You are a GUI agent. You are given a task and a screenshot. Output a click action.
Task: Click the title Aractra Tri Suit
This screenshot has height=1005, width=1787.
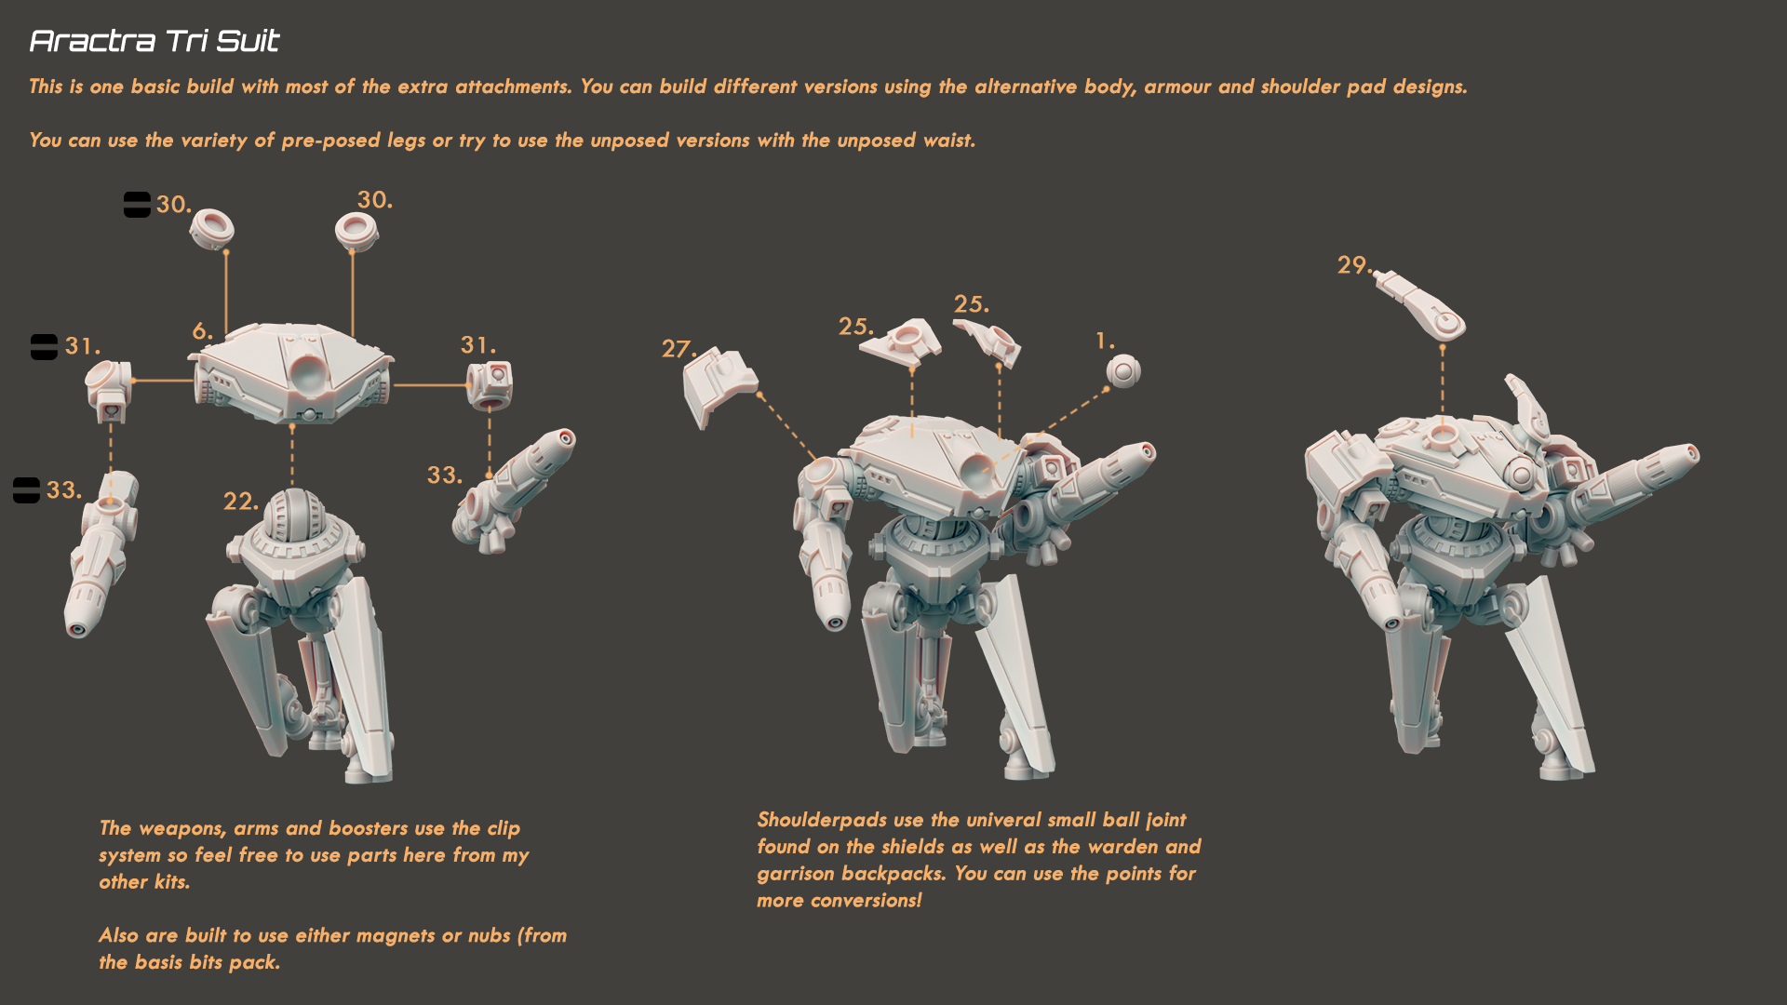coord(154,41)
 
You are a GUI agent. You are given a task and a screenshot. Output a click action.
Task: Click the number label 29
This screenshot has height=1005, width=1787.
coord(1353,265)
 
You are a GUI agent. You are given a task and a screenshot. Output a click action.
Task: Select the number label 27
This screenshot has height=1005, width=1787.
coord(678,349)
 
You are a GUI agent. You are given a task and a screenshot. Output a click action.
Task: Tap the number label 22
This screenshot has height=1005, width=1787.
coord(240,502)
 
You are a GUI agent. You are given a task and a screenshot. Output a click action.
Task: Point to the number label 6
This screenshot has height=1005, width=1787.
coord(202,331)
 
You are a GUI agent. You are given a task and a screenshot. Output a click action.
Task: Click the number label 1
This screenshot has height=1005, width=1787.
coord(1105,342)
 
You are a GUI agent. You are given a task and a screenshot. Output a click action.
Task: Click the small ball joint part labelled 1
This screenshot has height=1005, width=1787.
coord(1123,371)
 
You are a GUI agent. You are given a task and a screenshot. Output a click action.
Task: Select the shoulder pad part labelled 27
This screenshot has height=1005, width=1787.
coord(719,385)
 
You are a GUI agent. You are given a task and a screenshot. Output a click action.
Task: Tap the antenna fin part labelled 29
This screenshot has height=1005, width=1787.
coord(1421,303)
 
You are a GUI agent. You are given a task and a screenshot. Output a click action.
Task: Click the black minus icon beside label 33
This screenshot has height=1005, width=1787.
coord(26,490)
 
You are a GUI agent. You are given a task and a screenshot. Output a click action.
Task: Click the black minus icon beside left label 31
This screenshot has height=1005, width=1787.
coord(44,347)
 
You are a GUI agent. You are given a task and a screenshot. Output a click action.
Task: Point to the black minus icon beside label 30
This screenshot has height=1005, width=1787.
coord(137,205)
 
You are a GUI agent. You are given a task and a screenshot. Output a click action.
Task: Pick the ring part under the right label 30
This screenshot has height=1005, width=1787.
coord(356,231)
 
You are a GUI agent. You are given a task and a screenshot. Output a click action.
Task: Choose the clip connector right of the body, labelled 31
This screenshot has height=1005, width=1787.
coord(490,385)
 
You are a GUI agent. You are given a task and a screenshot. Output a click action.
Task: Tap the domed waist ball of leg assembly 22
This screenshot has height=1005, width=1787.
coord(293,515)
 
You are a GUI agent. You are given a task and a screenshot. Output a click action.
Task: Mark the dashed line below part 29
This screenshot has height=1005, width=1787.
coord(1443,382)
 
